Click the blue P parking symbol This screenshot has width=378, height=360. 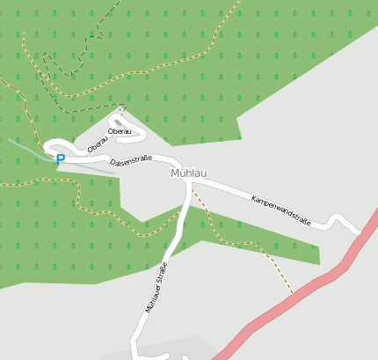(x=60, y=160)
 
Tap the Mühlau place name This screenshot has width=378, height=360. (x=189, y=173)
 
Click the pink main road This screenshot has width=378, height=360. (x=290, y=300)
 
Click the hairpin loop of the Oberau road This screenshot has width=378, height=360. (x=120, y=115)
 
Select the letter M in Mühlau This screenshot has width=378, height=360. (x=176, y=173)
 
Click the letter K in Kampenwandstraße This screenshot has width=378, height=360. (x=253, y=199)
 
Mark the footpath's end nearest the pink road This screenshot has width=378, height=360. (x=292, y=292)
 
